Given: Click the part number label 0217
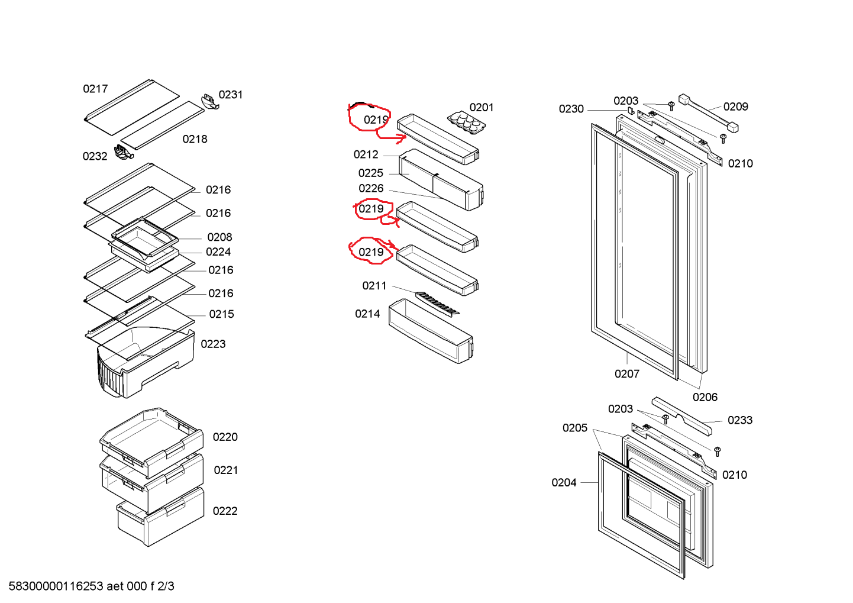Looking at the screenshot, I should pyautogui.click(x=95, y=89).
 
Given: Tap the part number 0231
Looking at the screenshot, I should pyautogui.click(x=231, y=95).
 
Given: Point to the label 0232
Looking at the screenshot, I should pyautogui.click(x=95, y=156).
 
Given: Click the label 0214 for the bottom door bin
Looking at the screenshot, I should pyautogui.click(x=367, y=314).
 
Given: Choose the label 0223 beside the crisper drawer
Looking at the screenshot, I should pyautogui.click(x=213, y=344).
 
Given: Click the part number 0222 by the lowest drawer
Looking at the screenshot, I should pyautogui.click(x=225, y=511).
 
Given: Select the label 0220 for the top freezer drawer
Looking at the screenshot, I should pyautogui.click(x=225, y=437).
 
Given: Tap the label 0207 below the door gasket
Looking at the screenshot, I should pyautogui.click(x=626, y=374).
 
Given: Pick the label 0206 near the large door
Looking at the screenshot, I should pyautogui.click(x=705, y=398).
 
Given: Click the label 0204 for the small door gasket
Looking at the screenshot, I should pyautogui.click(x=564, y=483).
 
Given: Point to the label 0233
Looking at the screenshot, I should pyautogui.click(x=740, y=421).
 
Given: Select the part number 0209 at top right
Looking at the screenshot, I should pyautogui.click(x=735, y=107).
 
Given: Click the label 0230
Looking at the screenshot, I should pyautogui.click(x=571, y=109).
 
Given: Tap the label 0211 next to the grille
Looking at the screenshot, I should pyautogui.click(x=374, y=286).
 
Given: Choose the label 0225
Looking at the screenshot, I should pyautogui.click(x=370, y=173).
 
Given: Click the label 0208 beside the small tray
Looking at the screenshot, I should pyautogui.click(x=219, y=237).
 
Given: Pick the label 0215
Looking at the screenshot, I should pyautogui.click(x=221, y=314).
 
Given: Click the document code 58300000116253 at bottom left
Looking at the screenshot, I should pyautogui.click(x=56, y=586).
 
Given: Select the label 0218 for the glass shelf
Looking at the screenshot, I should pyautogui.click(x=195, y=139).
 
